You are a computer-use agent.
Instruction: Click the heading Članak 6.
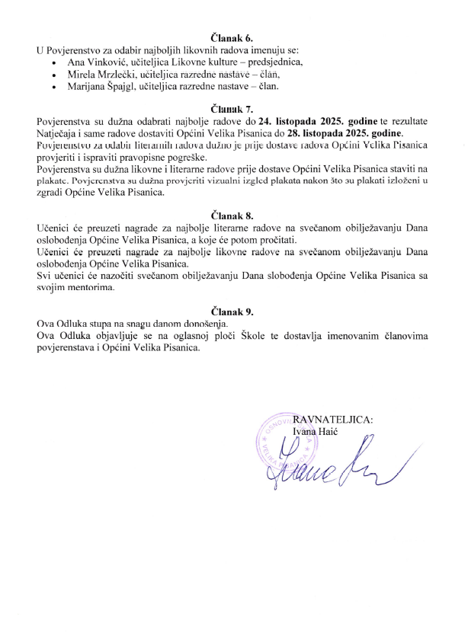(x=233, y=37)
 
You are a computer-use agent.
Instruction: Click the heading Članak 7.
(x=233, y=109)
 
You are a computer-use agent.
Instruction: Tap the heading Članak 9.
(x=233, y=312)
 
